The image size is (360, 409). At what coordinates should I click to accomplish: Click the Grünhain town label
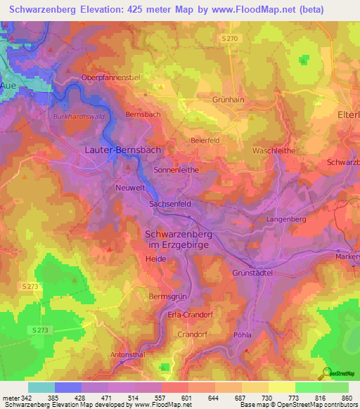228,100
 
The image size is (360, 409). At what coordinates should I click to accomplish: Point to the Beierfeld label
206,140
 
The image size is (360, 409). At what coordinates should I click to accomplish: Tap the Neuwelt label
129,188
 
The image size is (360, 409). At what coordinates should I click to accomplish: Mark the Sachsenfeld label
170,204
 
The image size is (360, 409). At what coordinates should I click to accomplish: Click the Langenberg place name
285,220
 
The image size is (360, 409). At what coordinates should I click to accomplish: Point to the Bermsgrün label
167,297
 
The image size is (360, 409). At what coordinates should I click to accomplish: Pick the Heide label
155,259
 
